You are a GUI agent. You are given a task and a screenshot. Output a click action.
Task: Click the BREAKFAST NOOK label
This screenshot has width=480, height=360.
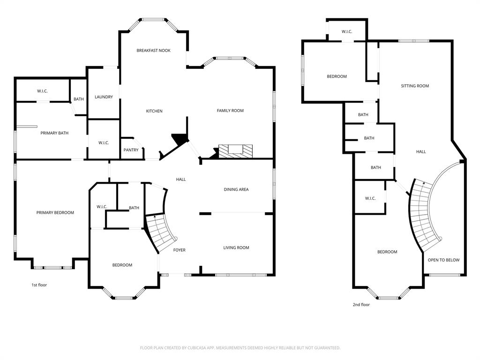point(153,50)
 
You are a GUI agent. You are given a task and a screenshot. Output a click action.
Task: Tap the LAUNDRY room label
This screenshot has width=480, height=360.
point(104,97)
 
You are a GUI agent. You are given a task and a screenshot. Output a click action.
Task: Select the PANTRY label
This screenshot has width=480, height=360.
point(131,150)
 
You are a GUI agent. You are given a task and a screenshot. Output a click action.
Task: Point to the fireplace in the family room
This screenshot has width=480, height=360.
point(236,150)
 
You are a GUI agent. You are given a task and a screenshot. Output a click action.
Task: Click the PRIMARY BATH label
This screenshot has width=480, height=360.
point(54,133)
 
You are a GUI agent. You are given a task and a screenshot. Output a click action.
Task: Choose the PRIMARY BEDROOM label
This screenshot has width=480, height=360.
point(55,213)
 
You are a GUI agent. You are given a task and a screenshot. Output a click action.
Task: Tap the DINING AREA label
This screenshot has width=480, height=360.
point(236,189)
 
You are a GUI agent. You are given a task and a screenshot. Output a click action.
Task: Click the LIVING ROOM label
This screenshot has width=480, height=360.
point(236,247)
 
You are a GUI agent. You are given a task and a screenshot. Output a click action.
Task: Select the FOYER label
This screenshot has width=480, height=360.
point(179,250)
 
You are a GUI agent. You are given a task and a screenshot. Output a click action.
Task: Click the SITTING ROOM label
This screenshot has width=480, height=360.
point(415,86)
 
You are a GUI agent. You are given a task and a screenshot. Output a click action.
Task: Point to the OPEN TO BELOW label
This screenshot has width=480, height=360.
point(443,260)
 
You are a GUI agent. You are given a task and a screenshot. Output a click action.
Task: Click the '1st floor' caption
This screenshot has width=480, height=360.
point(39,285)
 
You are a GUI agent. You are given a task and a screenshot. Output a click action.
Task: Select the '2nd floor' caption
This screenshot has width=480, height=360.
point(361,305)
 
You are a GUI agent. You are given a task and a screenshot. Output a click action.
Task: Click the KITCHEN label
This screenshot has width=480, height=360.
point(154,111)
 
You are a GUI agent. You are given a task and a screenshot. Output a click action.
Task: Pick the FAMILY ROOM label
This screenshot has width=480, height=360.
point(230,111)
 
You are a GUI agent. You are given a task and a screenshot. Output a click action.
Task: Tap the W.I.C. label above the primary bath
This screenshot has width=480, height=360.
point(42,91)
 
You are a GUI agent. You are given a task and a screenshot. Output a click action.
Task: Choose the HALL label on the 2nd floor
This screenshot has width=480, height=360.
point(421,151)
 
